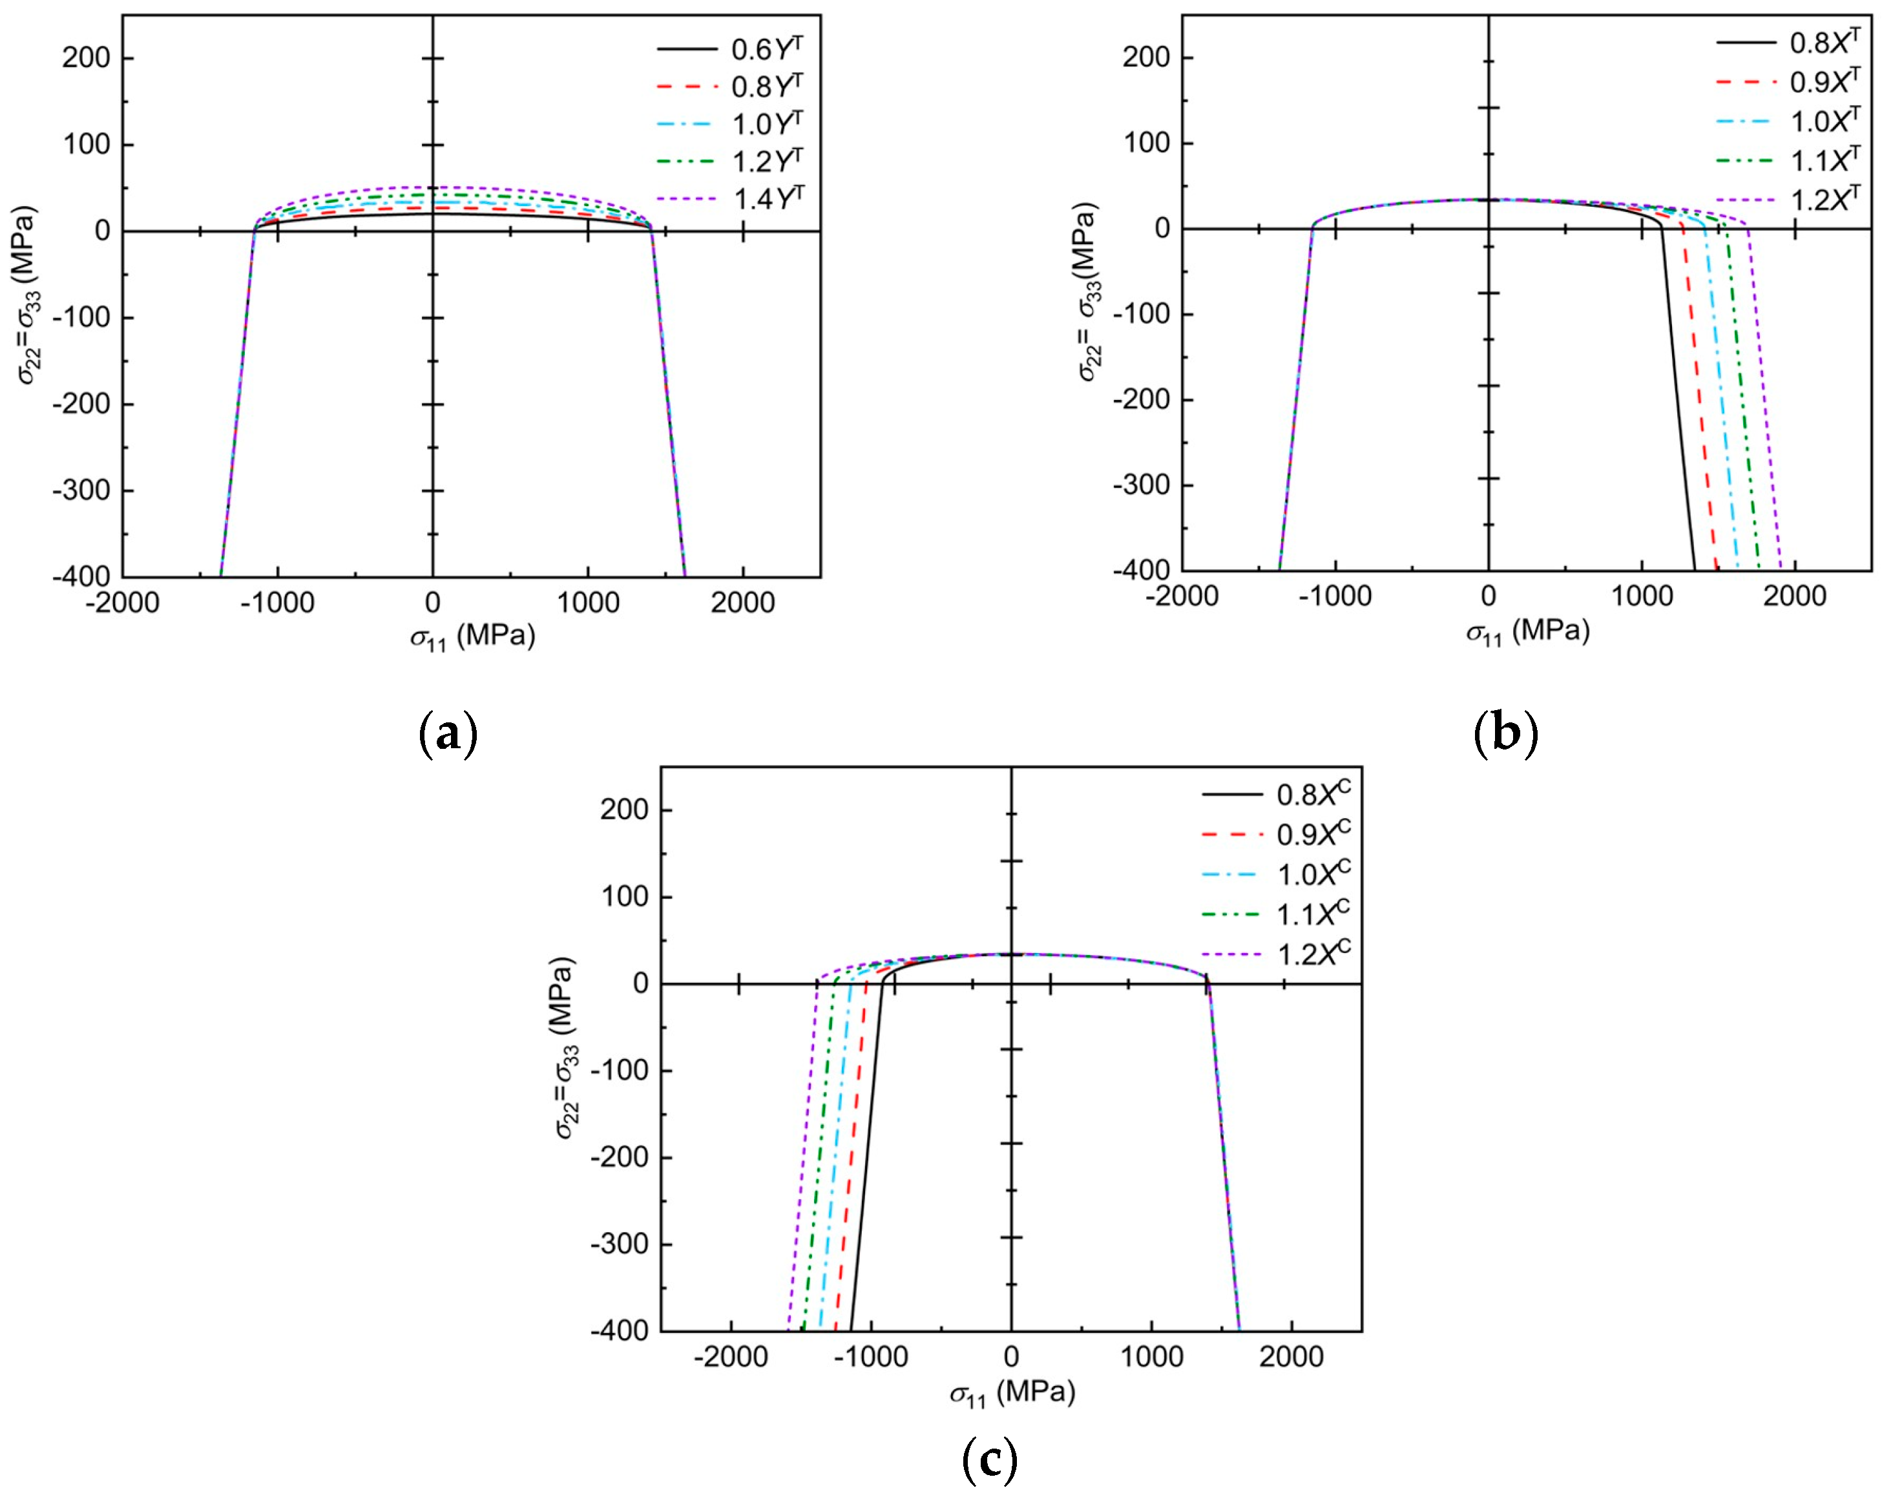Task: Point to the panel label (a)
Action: tap(448, 733)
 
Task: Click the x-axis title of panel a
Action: tap(472, 636)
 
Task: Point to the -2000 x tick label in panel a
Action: tap(123, 602)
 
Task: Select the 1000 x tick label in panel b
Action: tap(1641, 596)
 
